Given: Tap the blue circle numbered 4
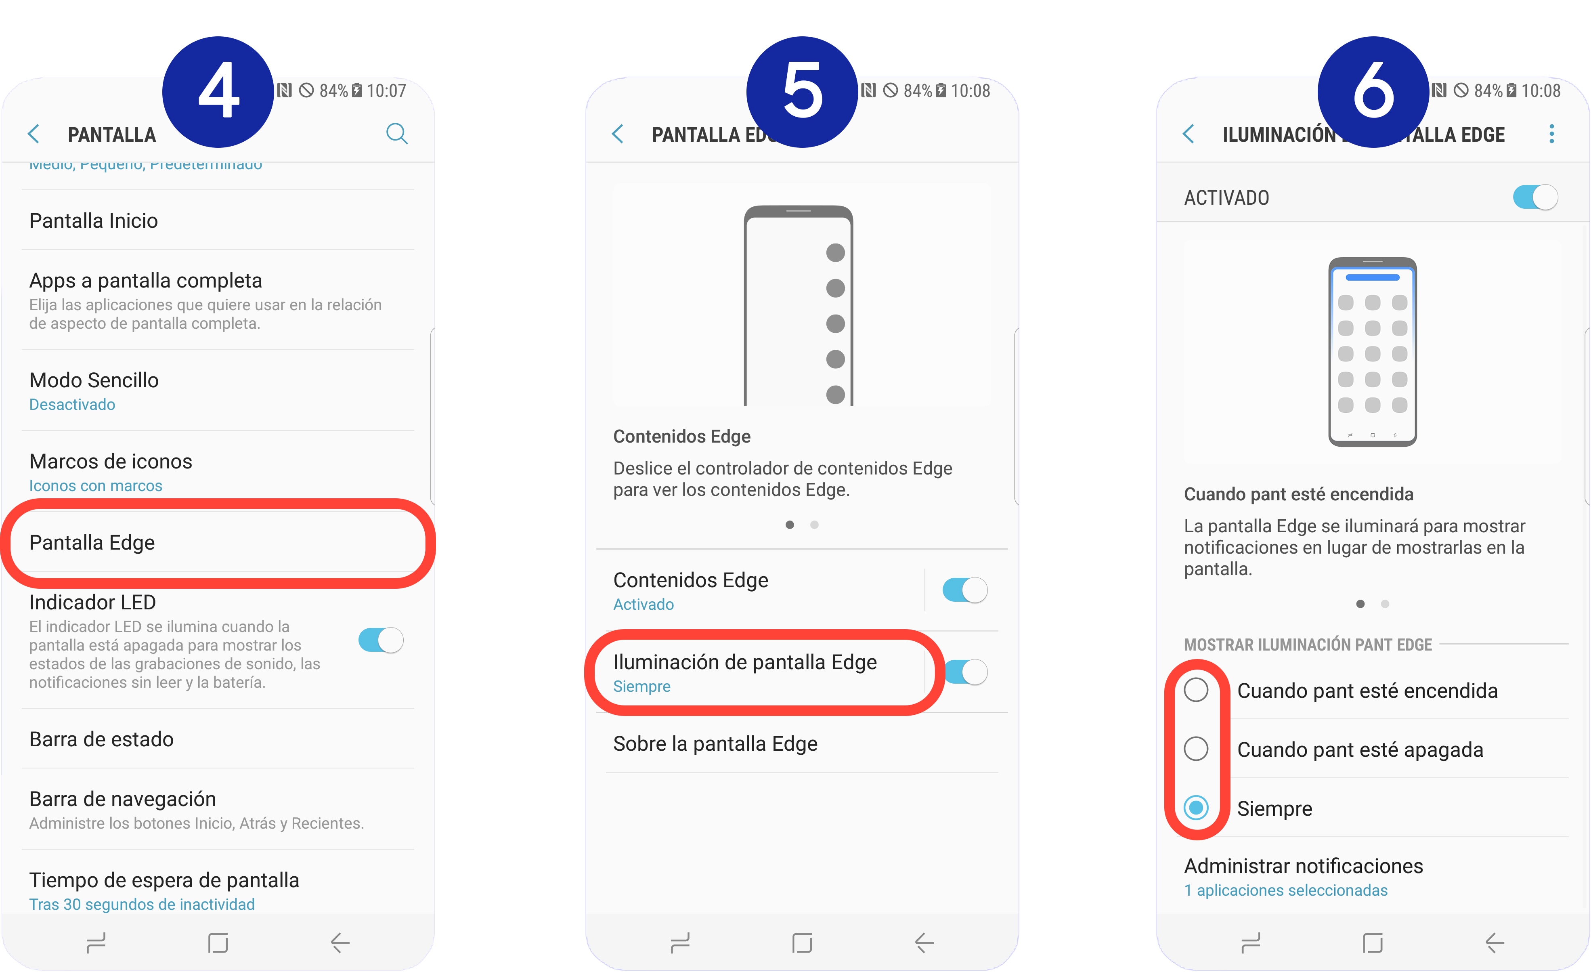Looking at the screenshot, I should pyautogui.click(x=218, y=92).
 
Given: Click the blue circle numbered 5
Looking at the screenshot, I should pyautogui.click(x=802, y=92).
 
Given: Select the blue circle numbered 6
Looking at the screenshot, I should pyautogui.click(x=1373, y=92).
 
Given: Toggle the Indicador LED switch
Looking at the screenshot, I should pyautogui.click(x=381, y=640).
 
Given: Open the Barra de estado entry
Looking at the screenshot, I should pyautogui.click(x=101, y=739).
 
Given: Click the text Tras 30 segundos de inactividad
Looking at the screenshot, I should pyautogui.click(x=142, y=904).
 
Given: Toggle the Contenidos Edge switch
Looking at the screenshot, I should pyautogui.click(x=965, y=590).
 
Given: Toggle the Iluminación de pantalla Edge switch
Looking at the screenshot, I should pyautogui.click(x=966, y=672).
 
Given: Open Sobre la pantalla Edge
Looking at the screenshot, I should pyautogui.click(x=715, y=743).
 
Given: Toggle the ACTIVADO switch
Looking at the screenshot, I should pyautogui.click(x=1535, y=197).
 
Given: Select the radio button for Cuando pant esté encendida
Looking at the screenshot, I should pyautogui.click(x=1196, y=690).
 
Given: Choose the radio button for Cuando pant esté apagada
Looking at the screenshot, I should pyautogui.click(x=1196, y=749).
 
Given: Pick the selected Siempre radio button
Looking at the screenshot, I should pyautogui.click(x=1196, y=807).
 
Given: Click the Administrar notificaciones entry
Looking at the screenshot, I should pyautogui.click(x=1303, y=866).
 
